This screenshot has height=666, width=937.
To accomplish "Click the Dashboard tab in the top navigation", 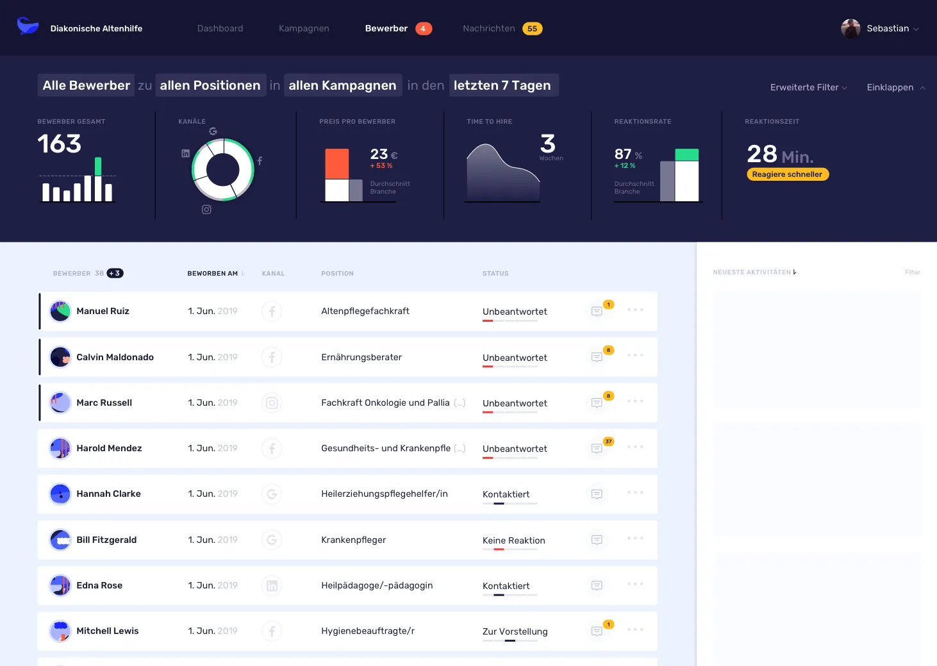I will click(x=220, y=28).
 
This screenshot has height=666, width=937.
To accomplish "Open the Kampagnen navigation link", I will click(x=304, y=28).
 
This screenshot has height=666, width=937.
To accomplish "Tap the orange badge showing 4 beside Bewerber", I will click(x=423, y=28).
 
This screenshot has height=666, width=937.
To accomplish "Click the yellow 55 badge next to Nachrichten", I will click(x=532, y=28).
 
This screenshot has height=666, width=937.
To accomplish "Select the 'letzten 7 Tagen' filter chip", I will click(x=503, y=85).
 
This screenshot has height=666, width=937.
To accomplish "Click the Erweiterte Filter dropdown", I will click(x=808, y=87).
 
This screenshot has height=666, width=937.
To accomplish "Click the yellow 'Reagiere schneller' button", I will click(x=787, y=174).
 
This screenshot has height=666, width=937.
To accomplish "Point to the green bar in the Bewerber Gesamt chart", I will click(x=98, y=166).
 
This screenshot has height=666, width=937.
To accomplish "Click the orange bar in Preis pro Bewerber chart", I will click(x=337, y=163).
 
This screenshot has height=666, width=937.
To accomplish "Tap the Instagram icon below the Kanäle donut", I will click(x=206, y=210).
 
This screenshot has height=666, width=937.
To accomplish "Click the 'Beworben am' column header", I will click(x=213, y=274).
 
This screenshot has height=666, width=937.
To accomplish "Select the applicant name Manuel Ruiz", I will click(x=103, y=311).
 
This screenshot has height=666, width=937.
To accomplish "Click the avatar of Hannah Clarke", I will click(x=60, y=494).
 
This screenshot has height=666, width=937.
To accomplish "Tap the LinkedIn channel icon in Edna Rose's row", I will click(x=272, y=585).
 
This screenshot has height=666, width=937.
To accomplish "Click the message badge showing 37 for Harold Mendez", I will click(x=608, y=442).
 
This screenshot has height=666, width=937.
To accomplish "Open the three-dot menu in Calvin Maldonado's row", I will click(x=635, y=355).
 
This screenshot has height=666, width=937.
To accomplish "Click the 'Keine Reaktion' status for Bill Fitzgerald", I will click(x=513, y=540).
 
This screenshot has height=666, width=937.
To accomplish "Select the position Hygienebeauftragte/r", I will click(x=368, y=631).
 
